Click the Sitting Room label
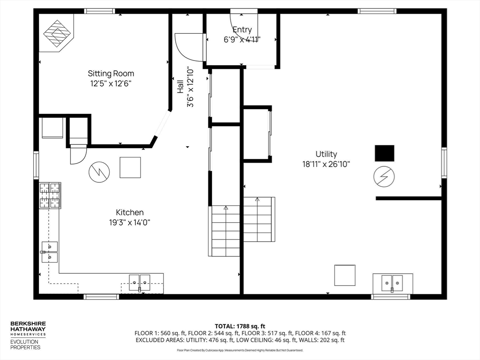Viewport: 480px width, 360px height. [x=111, y=74]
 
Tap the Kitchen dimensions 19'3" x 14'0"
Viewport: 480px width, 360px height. [x=130, y=223]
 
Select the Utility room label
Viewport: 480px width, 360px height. [x=326, y=154]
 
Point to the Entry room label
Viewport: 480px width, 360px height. [x=242, y=30]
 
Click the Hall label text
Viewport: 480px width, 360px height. [x=180, y=87]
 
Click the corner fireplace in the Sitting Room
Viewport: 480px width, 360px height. [x=57, y=33]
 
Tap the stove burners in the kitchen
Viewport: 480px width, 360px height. [x=49, y=195]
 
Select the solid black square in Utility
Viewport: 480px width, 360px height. [x=384, y=153]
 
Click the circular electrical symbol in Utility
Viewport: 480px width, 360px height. [x=384, y=177]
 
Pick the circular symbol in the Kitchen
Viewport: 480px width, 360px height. [x=99, y=172]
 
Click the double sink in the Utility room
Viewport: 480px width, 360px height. [x=392, y=283]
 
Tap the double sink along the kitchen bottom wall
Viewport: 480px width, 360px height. [x=139, y=283]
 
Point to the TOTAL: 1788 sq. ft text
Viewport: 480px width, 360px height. [x=240, y=326]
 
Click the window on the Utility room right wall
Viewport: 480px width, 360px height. [x=444, y=163]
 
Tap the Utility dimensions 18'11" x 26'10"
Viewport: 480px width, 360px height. [x=326, y=164]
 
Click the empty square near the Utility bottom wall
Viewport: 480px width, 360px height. [x=345, y=275]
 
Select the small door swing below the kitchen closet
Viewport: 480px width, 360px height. [x=78, y=156]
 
